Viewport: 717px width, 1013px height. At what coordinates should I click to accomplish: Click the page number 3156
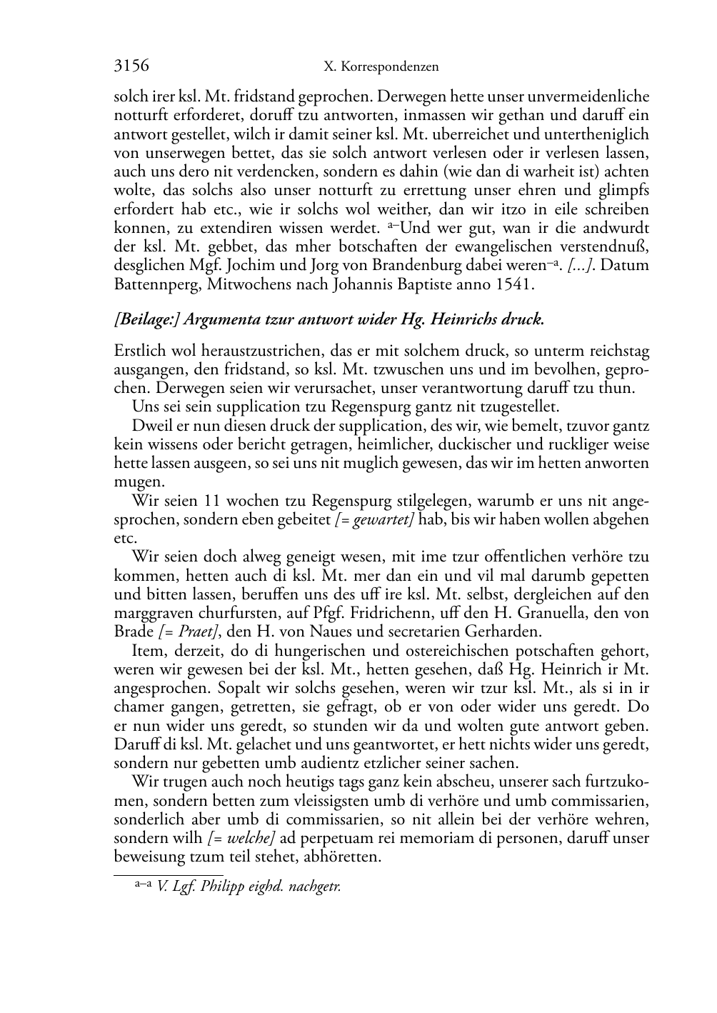coord(131,66)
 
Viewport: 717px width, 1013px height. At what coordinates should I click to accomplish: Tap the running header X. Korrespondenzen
coord(381,67)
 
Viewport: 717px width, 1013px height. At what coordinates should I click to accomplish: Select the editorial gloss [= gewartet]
coord(375,519)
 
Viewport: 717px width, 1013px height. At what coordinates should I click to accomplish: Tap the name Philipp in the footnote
coord(223,887)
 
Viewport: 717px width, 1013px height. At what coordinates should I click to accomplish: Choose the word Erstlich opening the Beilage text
coord(139,351)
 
